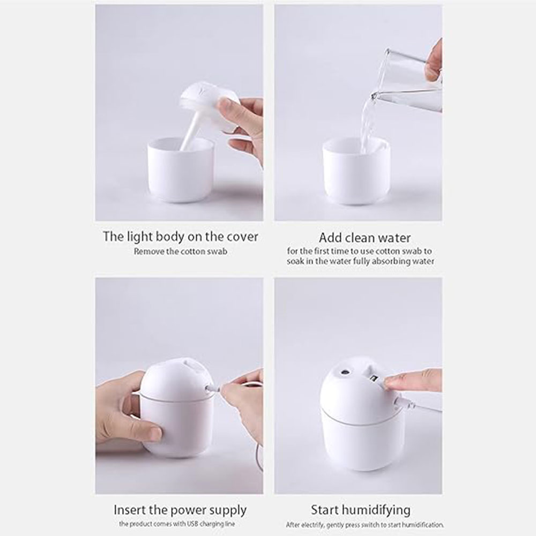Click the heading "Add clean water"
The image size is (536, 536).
coord(364,237)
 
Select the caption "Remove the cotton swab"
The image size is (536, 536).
coord(181,251)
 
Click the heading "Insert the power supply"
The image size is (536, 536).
coord(180,510)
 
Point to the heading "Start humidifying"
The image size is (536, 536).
coord(361,510)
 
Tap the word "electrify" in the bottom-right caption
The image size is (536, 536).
coord(314,525)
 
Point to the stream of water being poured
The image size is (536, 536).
coord(368,121)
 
